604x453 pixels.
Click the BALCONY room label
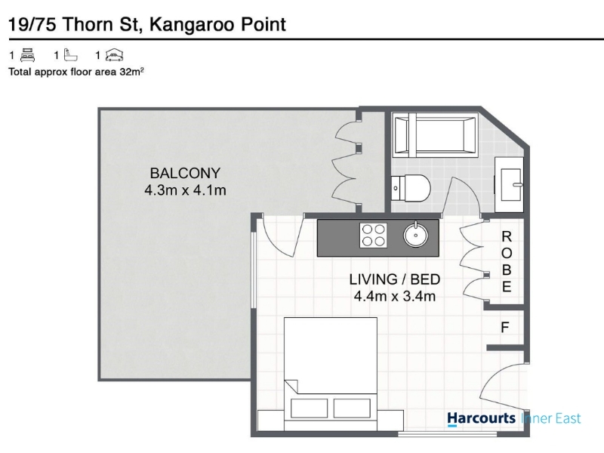tap(185, 174)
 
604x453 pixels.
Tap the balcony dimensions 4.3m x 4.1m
tap(185, 190)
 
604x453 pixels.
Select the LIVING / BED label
tap(394, 279)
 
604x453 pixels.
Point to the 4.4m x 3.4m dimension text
tap(394, 296)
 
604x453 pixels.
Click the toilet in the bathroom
tap(411, 188)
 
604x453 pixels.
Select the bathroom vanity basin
tap(509, 184)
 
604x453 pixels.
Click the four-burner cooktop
tap(373, 236)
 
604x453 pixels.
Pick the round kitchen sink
tap(416, 235)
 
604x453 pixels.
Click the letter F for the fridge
tap(504, 328)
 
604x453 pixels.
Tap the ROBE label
tap(507, 261)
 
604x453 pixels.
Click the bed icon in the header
tap(28, 55)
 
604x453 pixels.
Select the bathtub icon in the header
tap(70, 55)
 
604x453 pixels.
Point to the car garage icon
tap(115, 55)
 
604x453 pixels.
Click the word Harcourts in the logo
tap(481, 419)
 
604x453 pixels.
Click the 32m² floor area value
tap(131, 72)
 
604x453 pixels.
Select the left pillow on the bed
tap(309, 408)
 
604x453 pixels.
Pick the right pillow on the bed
tap(352, 408)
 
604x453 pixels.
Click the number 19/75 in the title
tap(32, 25)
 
